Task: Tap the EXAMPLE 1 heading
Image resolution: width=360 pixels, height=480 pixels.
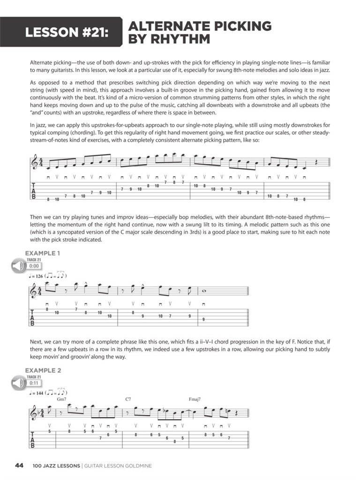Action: (x=43, y=253)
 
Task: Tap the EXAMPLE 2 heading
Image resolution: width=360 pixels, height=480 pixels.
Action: (x=43, y=370)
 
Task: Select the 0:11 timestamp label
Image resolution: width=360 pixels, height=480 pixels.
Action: (x=34, y=383)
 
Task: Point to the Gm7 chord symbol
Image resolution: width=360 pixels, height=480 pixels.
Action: (x=62, y=399)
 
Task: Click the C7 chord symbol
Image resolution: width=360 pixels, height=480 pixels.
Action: (x=128, y=399)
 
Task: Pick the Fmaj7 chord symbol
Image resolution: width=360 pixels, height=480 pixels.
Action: (x=194, y=399)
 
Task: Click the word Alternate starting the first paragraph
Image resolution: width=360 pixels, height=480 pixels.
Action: (x=41, y=62)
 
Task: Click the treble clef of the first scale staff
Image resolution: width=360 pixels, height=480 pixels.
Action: (x=35, y=164)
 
